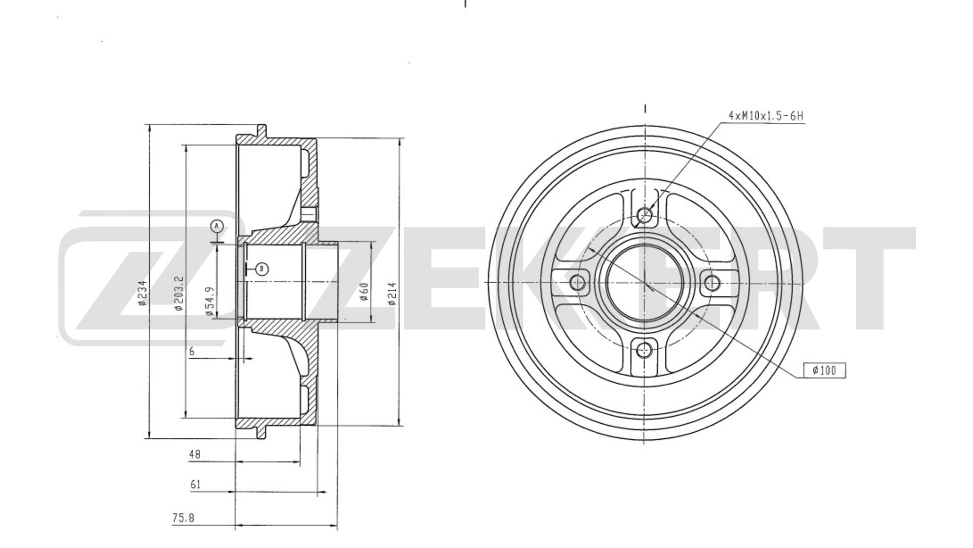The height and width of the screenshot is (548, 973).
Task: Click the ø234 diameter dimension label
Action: pyautogui.click(x=143, y=293)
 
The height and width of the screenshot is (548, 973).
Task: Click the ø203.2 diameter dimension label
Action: pyautogui.click(x=178, y=293)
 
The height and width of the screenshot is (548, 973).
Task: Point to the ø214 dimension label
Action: pyautogui.click(x=392, y=294)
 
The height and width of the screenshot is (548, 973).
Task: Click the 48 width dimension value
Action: pyautogui.click(x=195, y=455)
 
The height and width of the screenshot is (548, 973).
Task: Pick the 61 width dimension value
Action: pyautogui.click(x=196, y=485)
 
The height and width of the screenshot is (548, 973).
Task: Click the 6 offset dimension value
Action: pyautogui.click(x=192, y=351)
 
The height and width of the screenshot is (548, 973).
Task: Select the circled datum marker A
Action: pyautogui.click(x=216, y=226)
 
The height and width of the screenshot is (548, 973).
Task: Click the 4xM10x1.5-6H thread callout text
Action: pyautogui.click(x=766, y=116)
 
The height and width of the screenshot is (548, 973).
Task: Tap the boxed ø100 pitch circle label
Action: pyautogui.click(x=824, y=371)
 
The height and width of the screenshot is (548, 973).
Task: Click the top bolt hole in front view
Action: pyautogui.click(x=645, y=215)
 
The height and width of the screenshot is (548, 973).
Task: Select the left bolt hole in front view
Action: pyautogui.click(x=577, y=282)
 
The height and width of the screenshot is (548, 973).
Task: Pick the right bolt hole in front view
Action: pyautogui.click(x=712, y=283)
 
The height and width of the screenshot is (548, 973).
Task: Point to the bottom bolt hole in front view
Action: pyautogui.click(x=644, y=349)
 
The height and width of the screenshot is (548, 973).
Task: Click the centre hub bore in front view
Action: pyautogui.click(x=644, y=282)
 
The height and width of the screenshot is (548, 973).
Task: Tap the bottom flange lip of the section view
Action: pyautogui.click(x=261, y=431)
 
